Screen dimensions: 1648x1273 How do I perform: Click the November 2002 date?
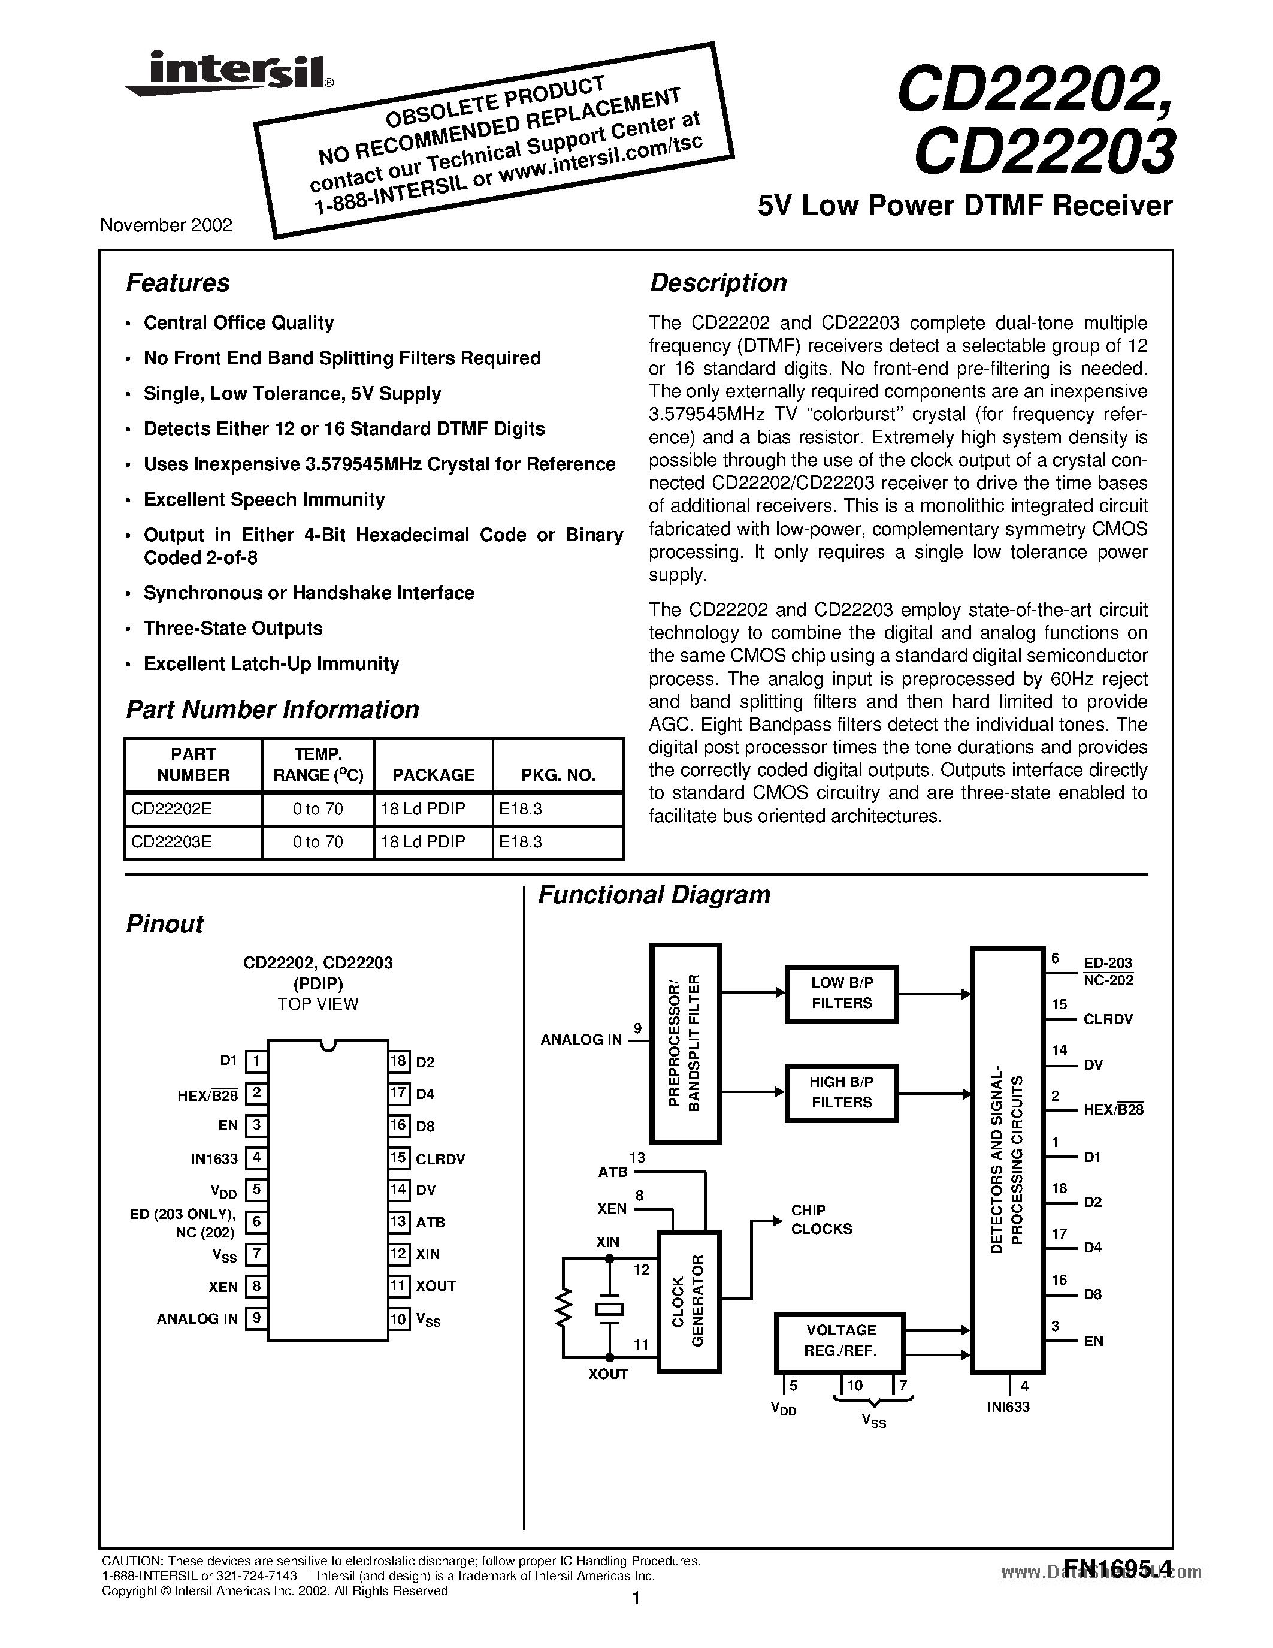(166, 225)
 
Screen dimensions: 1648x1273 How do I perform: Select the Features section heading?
(177, 283)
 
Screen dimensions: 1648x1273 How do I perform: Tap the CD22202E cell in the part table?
(172, 809)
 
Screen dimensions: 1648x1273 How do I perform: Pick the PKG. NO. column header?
(558, 775)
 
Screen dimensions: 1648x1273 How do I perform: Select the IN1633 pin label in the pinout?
(214, 1158)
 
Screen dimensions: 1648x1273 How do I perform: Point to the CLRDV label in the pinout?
(440, 1159)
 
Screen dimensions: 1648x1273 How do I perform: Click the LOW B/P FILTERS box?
(841, 993)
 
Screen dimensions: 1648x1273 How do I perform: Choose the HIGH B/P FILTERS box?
(841, 1092)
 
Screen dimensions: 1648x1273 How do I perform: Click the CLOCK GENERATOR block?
(688, 1301)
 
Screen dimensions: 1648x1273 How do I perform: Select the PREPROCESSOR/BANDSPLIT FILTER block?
(685, 1042)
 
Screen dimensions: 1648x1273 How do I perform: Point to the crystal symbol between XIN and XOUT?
(609, 1309)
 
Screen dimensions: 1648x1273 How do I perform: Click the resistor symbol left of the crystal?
(562, 1307)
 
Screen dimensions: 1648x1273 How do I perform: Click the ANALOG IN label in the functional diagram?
(580, 1040)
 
